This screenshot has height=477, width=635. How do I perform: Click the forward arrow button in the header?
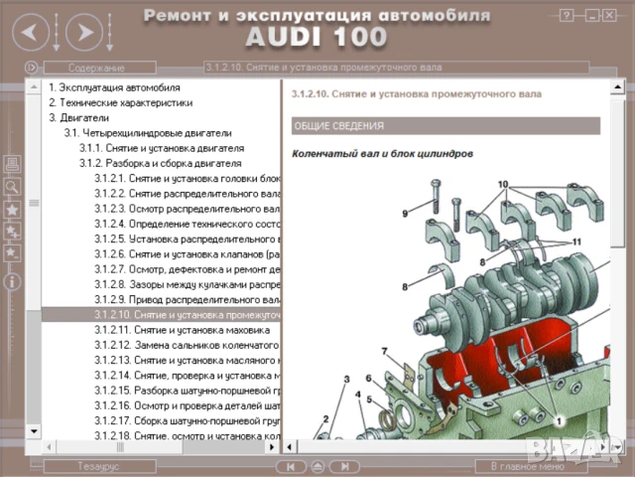point(86,33)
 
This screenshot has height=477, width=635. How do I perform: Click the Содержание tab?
point(96,68)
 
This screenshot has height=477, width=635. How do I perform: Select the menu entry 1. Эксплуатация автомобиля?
point(114,86)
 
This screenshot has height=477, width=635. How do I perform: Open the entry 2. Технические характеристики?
point(118,102)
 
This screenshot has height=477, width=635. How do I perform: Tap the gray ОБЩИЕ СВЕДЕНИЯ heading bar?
point(445,126)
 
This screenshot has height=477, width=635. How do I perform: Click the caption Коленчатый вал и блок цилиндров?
point(382,154)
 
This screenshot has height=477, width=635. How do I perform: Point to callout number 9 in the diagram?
point(405,214)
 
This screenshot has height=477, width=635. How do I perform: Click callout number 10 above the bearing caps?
point(503,185)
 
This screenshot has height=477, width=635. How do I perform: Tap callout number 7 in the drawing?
point(384,351)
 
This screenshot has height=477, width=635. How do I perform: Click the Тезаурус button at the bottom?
point(99,465)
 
